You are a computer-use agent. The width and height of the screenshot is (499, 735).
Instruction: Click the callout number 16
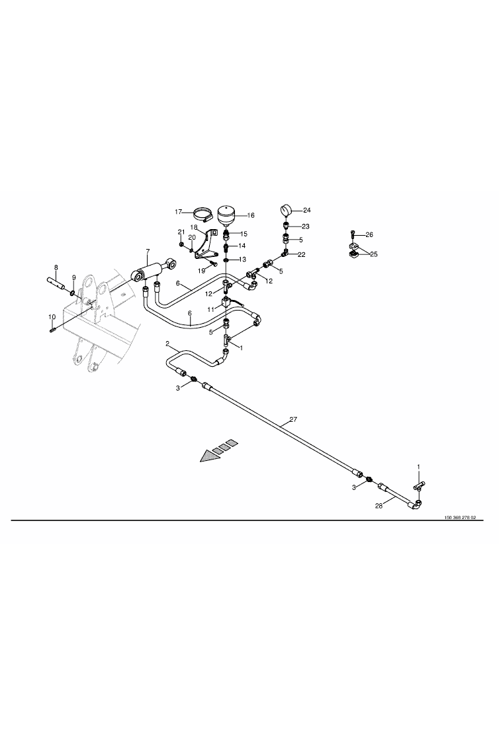click(251, 216)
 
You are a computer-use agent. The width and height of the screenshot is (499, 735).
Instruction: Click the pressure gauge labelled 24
click(285, 209)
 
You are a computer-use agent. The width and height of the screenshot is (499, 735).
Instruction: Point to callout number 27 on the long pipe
click(293, 420)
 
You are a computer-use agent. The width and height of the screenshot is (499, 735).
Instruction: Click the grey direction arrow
click(218, 451)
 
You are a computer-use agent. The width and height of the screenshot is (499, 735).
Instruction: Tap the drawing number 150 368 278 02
click(460, 518)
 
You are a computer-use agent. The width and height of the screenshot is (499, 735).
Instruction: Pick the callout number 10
click(52, 317)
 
